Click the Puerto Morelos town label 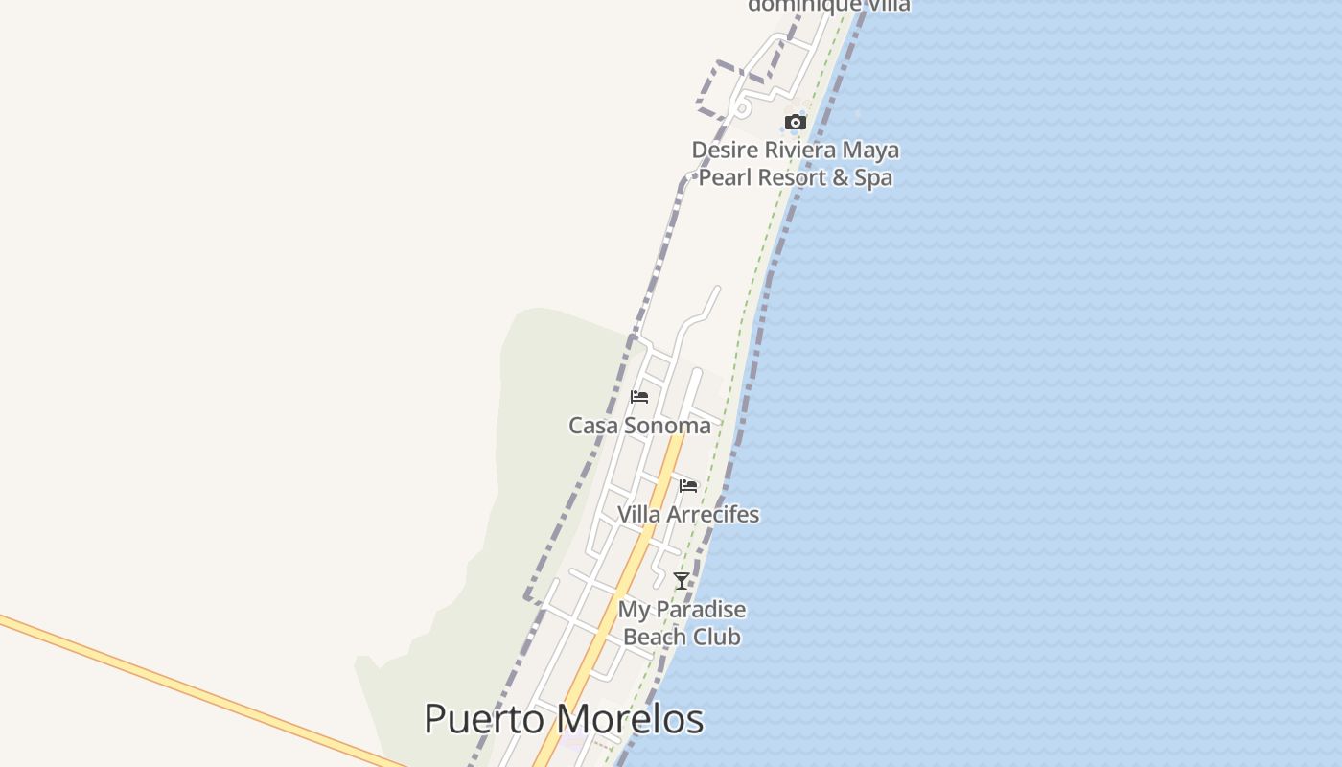click(x=564, y=720)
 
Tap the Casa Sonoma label click(x=639, y=426)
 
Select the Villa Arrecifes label click(x=687, y=515)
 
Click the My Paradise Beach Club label click(x=682, y=623)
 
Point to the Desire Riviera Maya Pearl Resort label click(x=796, y=164)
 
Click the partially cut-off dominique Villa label click(x=828, y=6)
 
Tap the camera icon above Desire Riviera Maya click(x=795, y=122)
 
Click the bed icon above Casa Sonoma click(x=639, y=397)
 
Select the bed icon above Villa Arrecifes click(x=687, y=486)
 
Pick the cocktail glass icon click(x=681, y=581)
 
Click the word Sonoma click(x=669, y=426)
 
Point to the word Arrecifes click(x=711, y=515)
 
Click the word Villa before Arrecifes click(x=637, y=515)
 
